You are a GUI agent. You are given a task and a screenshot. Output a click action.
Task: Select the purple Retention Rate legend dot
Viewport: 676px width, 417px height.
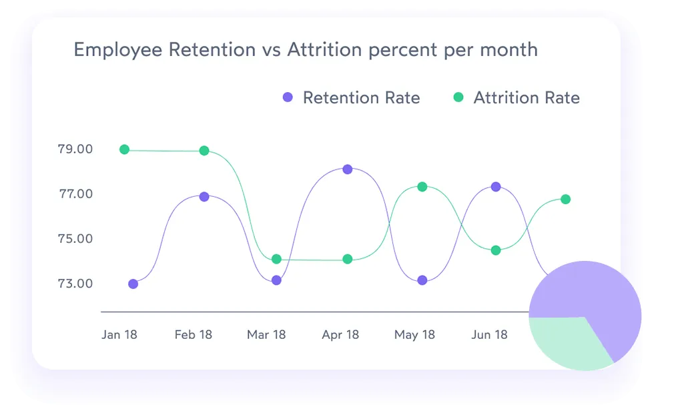coord(288,97)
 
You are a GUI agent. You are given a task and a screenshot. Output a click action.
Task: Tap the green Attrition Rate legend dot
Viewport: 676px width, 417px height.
coord(458,97)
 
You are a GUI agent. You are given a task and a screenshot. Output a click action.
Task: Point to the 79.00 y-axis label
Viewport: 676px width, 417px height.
coord(75,149)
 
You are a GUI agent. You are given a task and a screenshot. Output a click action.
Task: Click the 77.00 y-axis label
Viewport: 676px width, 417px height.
coord(75,194)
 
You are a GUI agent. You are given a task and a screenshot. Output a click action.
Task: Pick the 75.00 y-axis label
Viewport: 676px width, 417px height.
coord(75,239)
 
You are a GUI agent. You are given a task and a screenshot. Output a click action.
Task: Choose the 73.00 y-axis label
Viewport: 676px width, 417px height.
coord(75,284)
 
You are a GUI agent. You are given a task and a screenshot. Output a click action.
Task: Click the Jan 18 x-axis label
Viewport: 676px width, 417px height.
coord(119,334)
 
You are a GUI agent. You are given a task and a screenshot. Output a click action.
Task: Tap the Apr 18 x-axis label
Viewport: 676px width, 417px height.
coord(341,334)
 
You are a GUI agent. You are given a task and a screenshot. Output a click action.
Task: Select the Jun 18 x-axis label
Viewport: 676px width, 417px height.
coord(490,334)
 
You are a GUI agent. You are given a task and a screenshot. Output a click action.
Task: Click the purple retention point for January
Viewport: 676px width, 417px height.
coord(133,284)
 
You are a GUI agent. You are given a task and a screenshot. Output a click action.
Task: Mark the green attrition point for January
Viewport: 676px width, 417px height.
coord(124,149)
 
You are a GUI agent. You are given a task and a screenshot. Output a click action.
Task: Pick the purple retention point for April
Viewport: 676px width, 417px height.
coord(348,169)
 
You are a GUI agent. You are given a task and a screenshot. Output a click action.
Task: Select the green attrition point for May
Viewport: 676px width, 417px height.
coord(422,187)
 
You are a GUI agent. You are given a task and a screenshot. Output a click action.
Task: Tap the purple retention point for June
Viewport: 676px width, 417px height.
coord(496,187)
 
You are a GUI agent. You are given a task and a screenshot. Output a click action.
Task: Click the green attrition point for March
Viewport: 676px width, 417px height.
coord(276,259)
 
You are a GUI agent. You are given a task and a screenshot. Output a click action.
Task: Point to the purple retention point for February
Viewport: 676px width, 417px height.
coord(204,197)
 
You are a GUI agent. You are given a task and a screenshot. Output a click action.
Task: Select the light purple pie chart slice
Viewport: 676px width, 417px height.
coord(594,294)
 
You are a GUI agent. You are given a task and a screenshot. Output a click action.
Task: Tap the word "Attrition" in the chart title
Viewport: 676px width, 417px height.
coord(322,50)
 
